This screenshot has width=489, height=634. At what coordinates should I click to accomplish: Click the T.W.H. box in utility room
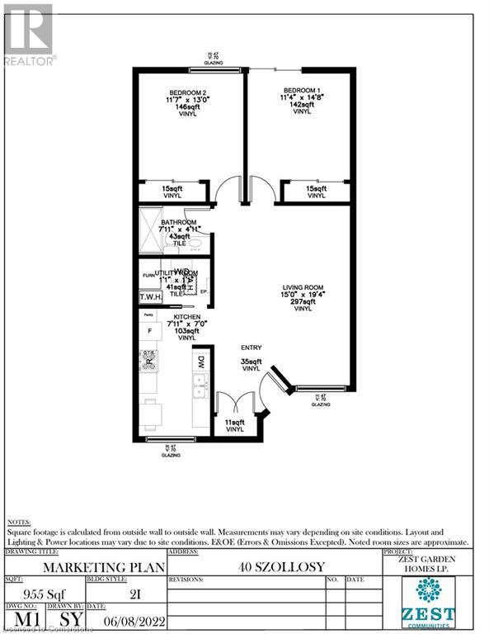(x=151, y=297)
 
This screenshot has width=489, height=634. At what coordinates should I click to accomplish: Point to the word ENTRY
(x=251, y=349)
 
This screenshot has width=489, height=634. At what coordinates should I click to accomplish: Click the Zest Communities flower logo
(x=428, y=592)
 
